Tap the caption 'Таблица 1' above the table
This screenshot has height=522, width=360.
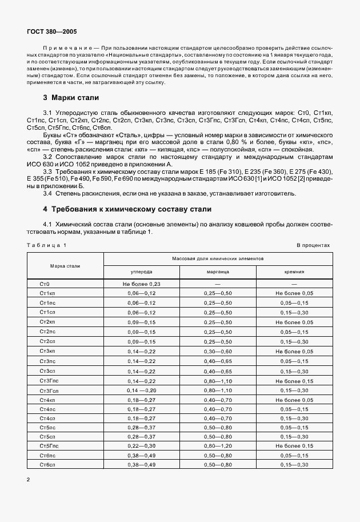point(46,245)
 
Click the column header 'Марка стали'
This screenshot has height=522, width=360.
point(65,266)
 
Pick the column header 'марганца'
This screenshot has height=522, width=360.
point(218,273)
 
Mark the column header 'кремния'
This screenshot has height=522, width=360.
point(294,273)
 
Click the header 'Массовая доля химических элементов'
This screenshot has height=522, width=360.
point(218,259)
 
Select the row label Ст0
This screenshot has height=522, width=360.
point(46,284)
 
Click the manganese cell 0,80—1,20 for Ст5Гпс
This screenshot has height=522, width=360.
point(218,445)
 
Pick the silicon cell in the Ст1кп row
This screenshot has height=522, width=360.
point(294,293)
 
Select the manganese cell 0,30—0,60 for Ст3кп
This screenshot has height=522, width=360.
point(218,350)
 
